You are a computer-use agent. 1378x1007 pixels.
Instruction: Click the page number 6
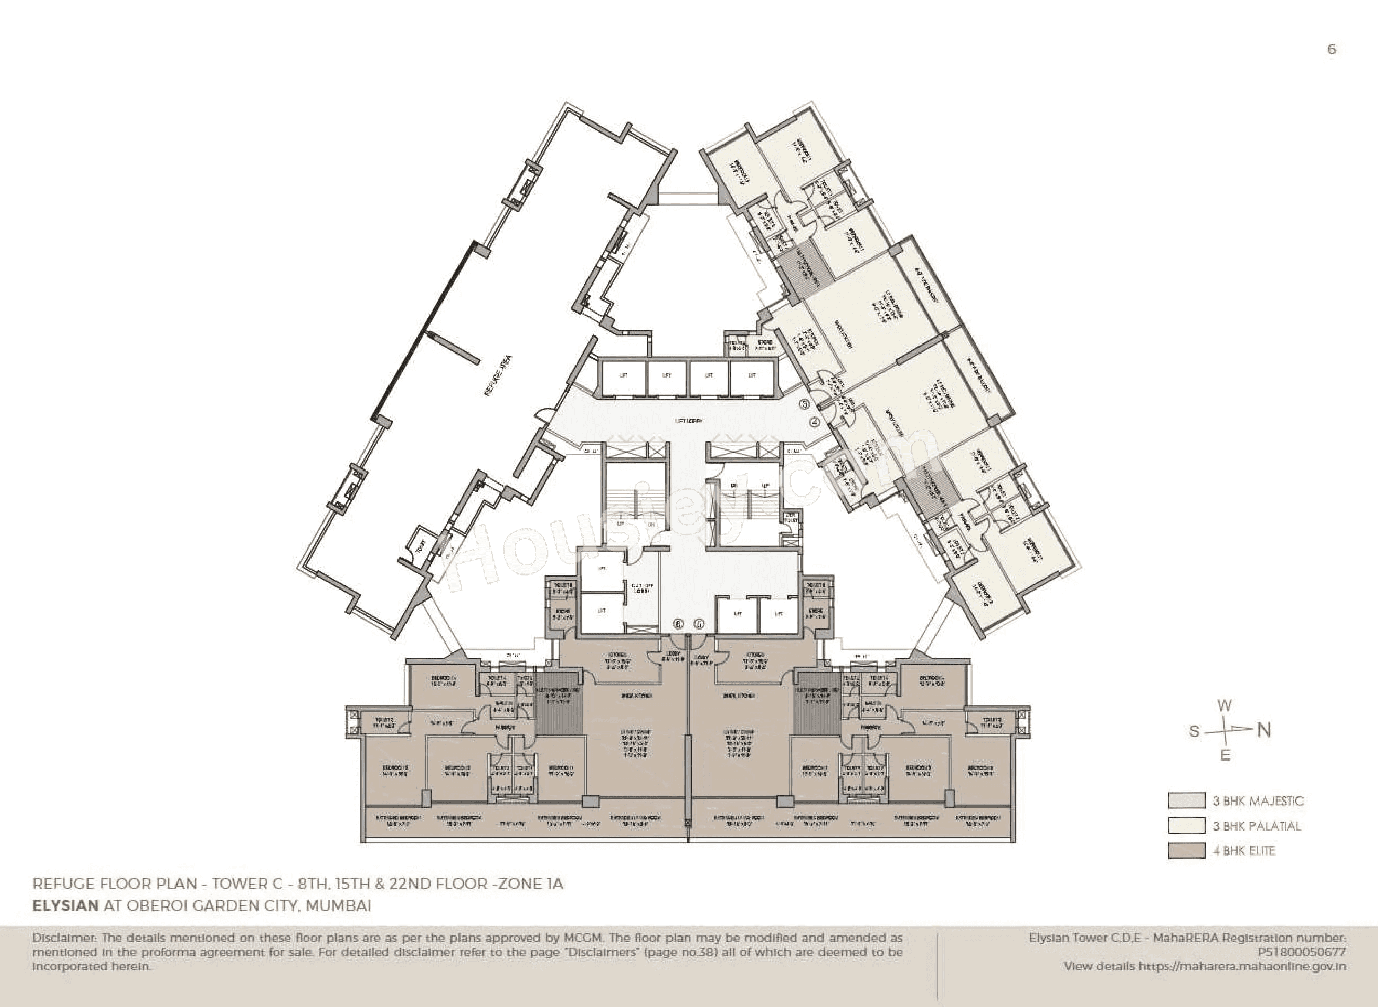1332,49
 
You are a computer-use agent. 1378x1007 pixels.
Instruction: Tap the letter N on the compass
1264,730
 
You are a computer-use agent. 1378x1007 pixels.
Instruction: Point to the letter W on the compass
1224,706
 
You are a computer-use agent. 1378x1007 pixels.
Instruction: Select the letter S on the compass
1195,731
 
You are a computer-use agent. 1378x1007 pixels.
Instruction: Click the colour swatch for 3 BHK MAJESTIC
1186,800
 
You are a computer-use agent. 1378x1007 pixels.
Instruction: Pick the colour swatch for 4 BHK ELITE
1186,850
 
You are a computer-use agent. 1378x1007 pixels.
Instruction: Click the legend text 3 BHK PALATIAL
1256,826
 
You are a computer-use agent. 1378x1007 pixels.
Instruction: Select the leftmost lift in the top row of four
623,376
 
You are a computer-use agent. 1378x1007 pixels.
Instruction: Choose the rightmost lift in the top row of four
753,376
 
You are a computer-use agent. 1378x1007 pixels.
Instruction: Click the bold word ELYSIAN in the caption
65,905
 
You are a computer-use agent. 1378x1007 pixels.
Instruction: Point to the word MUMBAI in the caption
338,905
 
